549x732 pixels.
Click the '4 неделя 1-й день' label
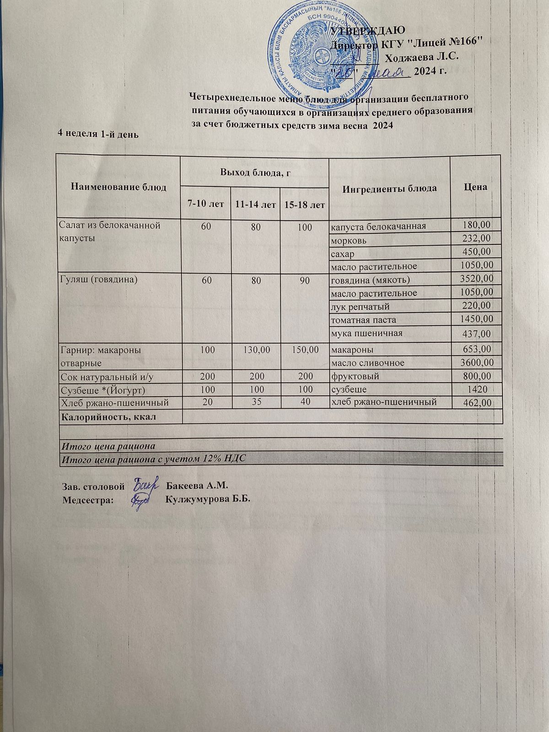pos(97,134)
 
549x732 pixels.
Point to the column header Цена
pos(475,187)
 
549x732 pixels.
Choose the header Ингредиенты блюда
pos(390,188)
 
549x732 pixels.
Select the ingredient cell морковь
pos(349,239)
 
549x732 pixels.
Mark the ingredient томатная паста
pos(363,320)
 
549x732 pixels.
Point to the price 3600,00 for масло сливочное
pos(479,362)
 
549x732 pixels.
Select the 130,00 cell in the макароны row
pos(255,350)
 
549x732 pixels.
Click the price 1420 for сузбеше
pos(483,389)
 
